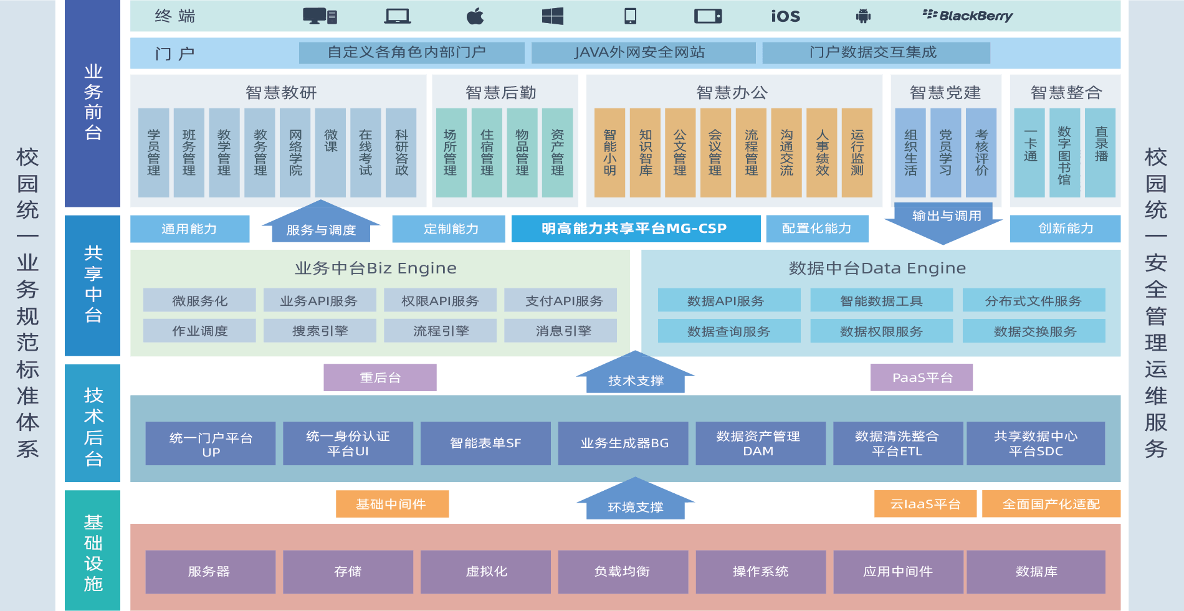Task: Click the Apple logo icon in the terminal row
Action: [475, 16]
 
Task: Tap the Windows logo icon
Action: [553, 16]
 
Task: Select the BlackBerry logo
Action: [967, 16]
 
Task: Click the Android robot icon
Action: [863, 16]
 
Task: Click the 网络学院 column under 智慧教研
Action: [295, 153]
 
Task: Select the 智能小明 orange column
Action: [609, 153]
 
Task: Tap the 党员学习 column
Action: [945, 153]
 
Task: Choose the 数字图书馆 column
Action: [1064, 153]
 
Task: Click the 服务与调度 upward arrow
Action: [321, 224]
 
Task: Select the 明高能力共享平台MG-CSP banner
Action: [636, 229]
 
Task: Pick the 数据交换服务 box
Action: [1034, 331]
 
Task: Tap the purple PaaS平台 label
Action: [922, 377]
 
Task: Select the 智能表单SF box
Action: [485, 443]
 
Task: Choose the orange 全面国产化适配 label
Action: [1051, 504]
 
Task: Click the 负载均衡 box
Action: [623, 572]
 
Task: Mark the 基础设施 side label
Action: [93, 551]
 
